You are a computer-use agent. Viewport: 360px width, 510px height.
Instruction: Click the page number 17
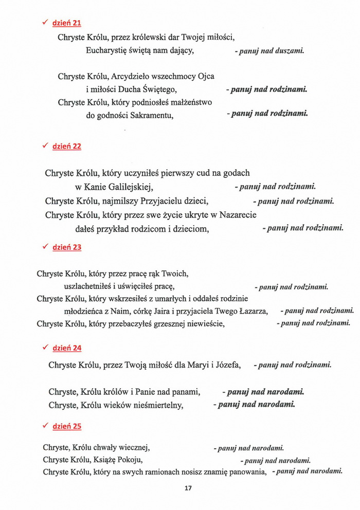click(188, 488)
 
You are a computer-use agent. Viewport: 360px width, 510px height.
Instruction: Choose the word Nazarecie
click(237, 215)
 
